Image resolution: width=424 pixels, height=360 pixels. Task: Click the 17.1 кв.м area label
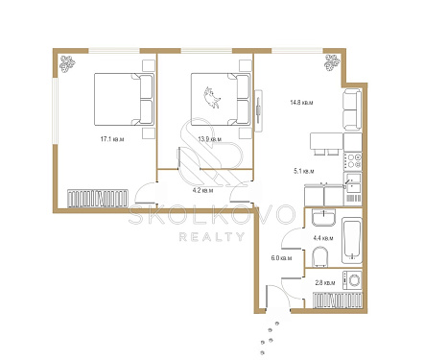112,139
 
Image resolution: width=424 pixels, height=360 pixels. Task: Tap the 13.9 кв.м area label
210,139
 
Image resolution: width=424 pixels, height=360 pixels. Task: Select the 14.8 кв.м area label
301,103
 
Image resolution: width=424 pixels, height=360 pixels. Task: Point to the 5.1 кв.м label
304,171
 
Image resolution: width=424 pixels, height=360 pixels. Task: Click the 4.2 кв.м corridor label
202,191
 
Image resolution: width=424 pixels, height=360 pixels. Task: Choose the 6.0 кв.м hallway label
281,258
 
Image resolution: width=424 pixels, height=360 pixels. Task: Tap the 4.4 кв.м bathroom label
323,238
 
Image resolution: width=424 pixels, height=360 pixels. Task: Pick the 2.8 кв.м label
325,283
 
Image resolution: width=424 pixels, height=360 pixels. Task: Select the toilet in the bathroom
320,256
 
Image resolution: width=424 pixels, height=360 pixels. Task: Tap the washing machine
352,280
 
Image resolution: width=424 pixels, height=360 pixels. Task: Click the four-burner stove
353,161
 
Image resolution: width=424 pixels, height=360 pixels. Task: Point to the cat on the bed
212,97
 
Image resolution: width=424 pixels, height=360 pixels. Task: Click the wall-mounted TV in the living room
258,110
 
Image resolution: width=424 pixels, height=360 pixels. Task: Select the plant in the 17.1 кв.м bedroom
67,64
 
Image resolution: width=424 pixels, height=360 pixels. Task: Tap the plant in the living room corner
332,62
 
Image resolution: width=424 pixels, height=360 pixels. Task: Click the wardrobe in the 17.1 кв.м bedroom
98,199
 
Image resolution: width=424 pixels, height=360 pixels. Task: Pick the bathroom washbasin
323,217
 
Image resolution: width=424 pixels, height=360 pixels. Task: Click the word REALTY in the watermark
212,237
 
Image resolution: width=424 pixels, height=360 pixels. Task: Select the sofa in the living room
352,109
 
